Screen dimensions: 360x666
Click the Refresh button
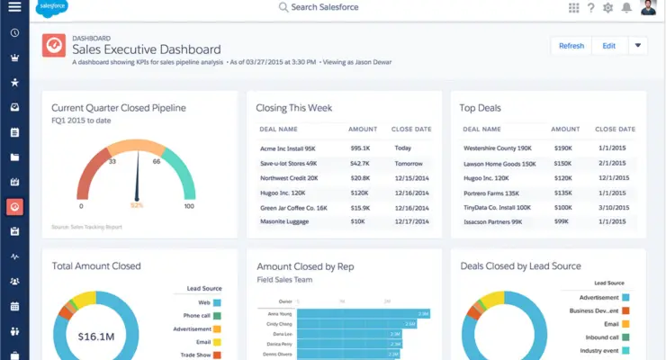click(x=571, y=46)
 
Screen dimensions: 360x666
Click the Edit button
click(x=609, y=46)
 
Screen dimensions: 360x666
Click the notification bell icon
click(x=626, y=8)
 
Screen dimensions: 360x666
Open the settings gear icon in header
click(x=607, y=8)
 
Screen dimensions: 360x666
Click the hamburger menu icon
click(x=14, y=7)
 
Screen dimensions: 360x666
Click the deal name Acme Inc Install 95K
click(x=288, y=148)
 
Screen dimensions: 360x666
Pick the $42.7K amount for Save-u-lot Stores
click(x=360, y=163)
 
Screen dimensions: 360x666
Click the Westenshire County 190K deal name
click(x=497, y=148)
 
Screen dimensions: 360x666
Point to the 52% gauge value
click(x=138, y=205)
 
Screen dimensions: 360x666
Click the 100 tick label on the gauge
click(x=189, y=206)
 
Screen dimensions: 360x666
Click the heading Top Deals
click(x=480, y=108)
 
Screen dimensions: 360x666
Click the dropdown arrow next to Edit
click(x=637, y=46)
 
